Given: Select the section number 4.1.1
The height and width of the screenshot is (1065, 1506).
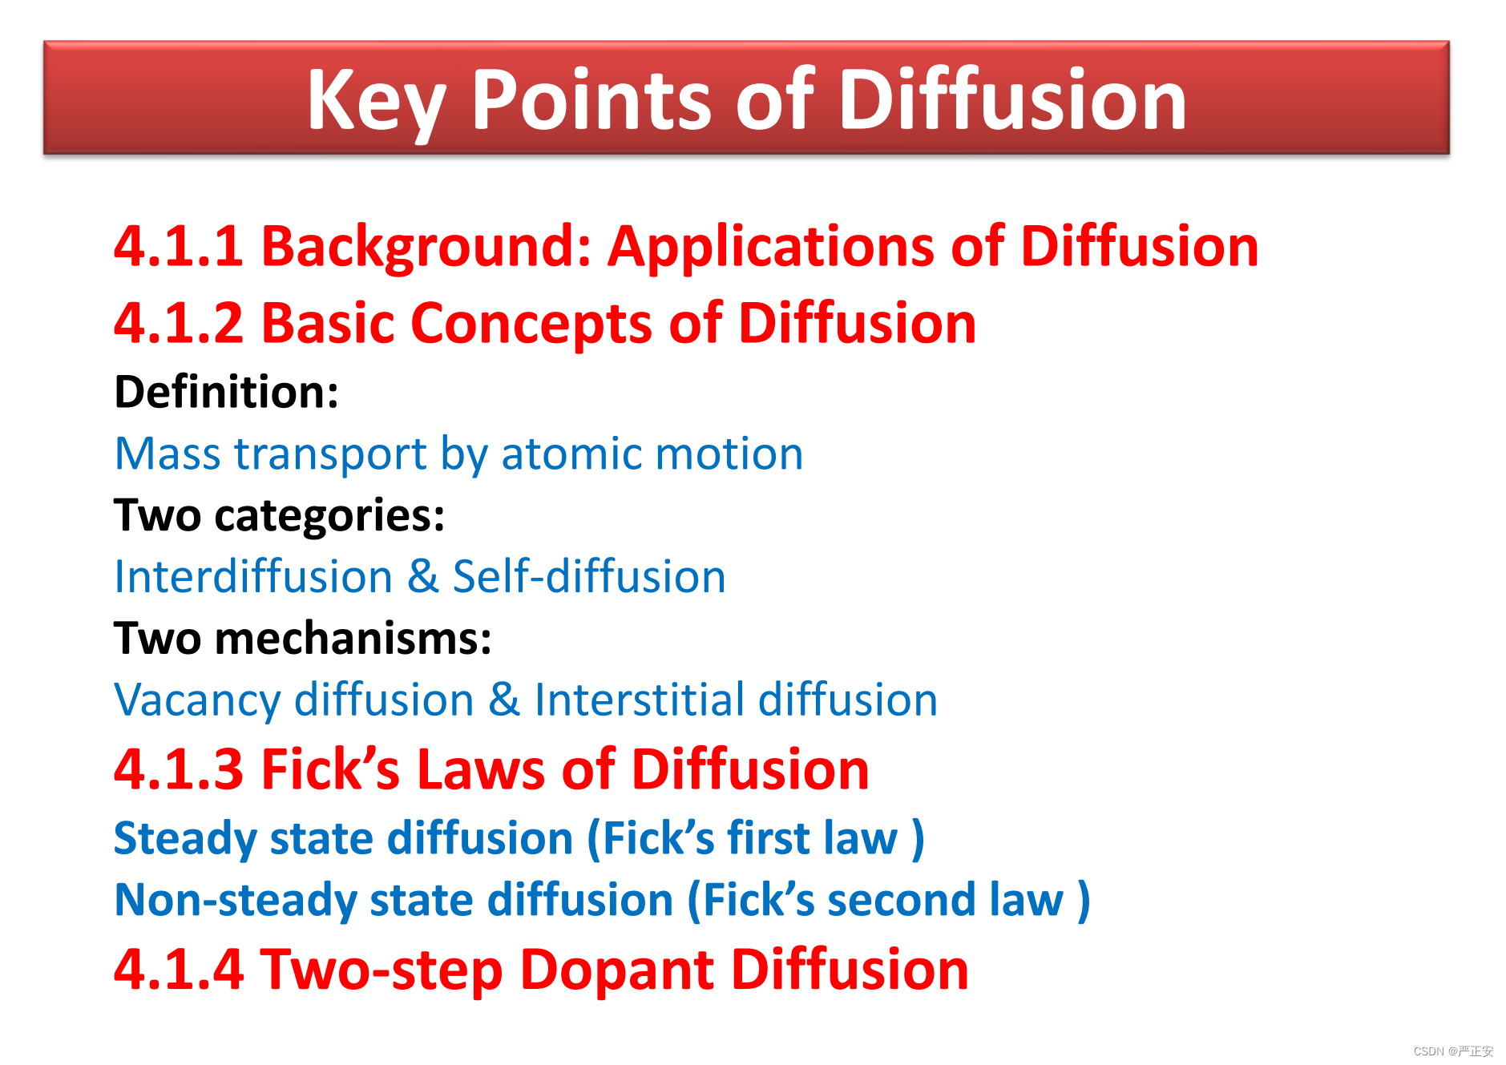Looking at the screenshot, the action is coord(179,246).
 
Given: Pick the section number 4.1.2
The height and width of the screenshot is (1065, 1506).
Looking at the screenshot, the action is coord(179,323).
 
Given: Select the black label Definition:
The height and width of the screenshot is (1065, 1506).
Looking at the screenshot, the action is coord(227,392).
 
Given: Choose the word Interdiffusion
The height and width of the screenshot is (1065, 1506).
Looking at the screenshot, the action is coord(254,577).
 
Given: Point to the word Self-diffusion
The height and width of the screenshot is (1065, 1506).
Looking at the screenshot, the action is coord(589,577).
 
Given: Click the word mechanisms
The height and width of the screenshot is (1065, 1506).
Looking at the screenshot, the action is coord(353,639).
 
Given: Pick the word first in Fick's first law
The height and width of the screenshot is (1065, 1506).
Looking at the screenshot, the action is coord(769,838).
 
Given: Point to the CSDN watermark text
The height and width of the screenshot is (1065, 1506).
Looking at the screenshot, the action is coord(1453,1051).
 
